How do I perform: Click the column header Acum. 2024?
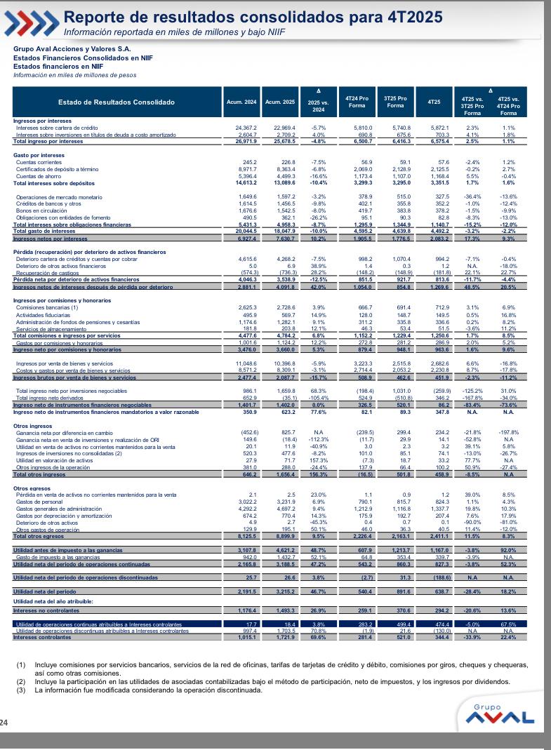click(241, 102)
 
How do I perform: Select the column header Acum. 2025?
click(279, 102)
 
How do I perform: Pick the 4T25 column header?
click(434, 102)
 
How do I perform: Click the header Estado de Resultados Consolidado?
click(117, 102)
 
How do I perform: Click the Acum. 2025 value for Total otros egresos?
click(279, 537)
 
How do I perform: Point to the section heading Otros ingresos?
click(32, 406)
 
